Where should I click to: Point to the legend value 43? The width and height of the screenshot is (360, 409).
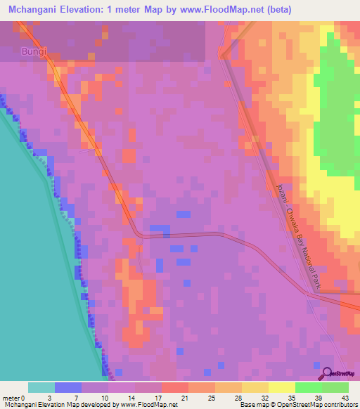(345, 397)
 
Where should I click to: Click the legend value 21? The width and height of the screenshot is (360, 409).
(185, 397)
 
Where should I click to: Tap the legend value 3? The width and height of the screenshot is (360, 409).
(49, 397)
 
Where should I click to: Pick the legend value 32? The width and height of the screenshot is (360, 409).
(264, 397)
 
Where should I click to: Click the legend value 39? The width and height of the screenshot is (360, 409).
(318, 397)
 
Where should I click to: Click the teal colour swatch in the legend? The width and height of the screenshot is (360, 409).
(41, 387)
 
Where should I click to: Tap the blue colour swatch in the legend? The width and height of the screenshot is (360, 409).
(68, 387)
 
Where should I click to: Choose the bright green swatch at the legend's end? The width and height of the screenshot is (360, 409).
(335, 387)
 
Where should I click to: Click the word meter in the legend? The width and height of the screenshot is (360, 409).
(11, 397)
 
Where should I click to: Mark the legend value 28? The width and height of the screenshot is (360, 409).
(238, 397)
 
